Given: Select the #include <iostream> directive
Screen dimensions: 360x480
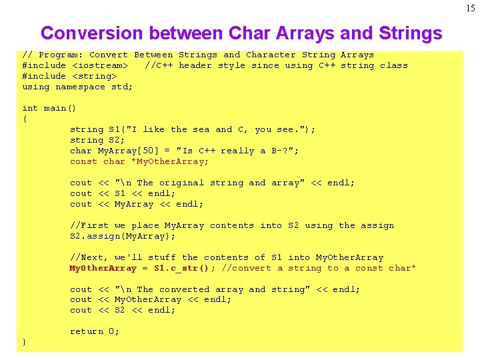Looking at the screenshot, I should [75, 65].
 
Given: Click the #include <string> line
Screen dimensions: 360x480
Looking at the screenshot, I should [65, 76].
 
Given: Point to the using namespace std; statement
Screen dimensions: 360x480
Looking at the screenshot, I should [77, 87].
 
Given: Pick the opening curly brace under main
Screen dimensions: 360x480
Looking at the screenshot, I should [25, 119].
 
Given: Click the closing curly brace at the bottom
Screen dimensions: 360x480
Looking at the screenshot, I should [25, 342].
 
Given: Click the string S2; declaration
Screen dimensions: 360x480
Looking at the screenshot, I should [96, 140].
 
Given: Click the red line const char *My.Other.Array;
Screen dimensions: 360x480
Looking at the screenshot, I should [139, 161].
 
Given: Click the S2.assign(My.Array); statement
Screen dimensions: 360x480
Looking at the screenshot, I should [123, 236].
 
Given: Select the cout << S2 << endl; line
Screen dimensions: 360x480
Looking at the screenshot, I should [123, 310].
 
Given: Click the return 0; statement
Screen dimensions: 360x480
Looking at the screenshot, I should [95, 331].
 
